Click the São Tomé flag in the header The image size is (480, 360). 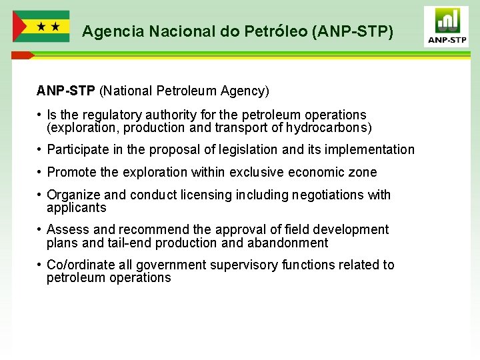pyautogui.click(x=41, y=27)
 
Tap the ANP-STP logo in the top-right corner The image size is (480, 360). pyautogui.click(x=446, y=27)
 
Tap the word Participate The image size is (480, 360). pyautogui.click(x=77, y=150)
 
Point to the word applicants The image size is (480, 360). pyautogui.click(x=77, y=207)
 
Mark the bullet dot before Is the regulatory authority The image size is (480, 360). pyautogui.click(x=40, y=115)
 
